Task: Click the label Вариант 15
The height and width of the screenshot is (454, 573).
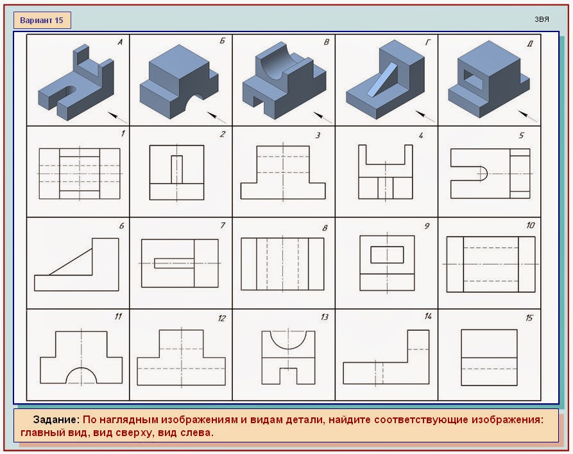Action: (x=42, y=21)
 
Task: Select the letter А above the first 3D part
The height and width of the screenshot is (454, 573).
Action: (x=119, y=42)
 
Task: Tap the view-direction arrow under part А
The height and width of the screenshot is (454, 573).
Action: (x=117, y=117)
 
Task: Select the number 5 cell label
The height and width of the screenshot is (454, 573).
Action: (x=522, y=135)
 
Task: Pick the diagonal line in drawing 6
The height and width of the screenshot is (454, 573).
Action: (x=71, y=261)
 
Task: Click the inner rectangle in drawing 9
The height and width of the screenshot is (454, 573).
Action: (x=387, y=255)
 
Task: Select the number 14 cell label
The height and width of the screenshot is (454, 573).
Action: (x=428, y=316)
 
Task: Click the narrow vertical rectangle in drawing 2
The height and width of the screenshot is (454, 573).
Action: (x=177, y=170)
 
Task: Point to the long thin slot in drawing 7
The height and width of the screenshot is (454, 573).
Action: (x=174, y=263)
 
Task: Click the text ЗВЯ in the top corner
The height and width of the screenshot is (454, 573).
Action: (x=542, y=19)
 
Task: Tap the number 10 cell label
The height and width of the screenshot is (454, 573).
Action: (x=531, y=225)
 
